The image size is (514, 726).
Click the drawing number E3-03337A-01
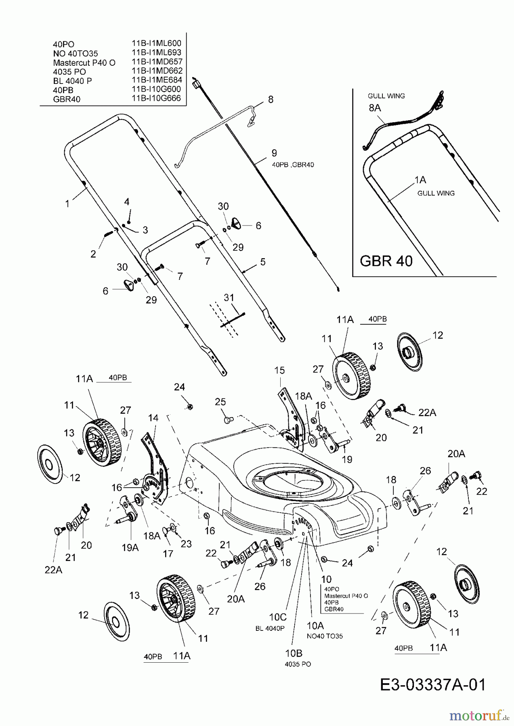[432, 685]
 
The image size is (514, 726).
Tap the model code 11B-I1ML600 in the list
[156, 43]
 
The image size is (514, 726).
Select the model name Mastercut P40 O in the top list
[84, 63]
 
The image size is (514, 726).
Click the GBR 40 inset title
[386, 261]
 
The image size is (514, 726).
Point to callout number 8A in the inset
[374, 108]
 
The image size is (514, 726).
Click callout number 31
[229, 298]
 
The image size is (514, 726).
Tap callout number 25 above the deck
[220, 402]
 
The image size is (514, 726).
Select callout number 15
[279, 370]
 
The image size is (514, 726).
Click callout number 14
[153, 418]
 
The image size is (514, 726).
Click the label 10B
[293, 653]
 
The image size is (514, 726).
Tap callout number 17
[168, 554]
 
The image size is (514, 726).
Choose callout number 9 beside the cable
[274, 153]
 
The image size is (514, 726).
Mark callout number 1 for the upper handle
[67, 204]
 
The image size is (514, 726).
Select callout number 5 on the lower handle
[263, 262]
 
